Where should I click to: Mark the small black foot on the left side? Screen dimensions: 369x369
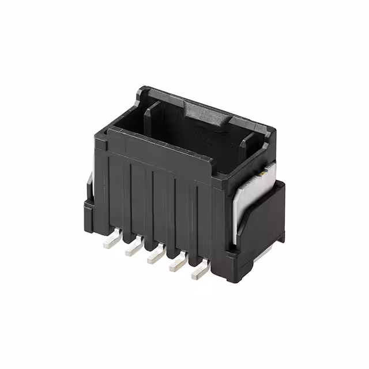(x=90, y=213)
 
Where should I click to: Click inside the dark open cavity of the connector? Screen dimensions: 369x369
(x=190, y=138)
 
